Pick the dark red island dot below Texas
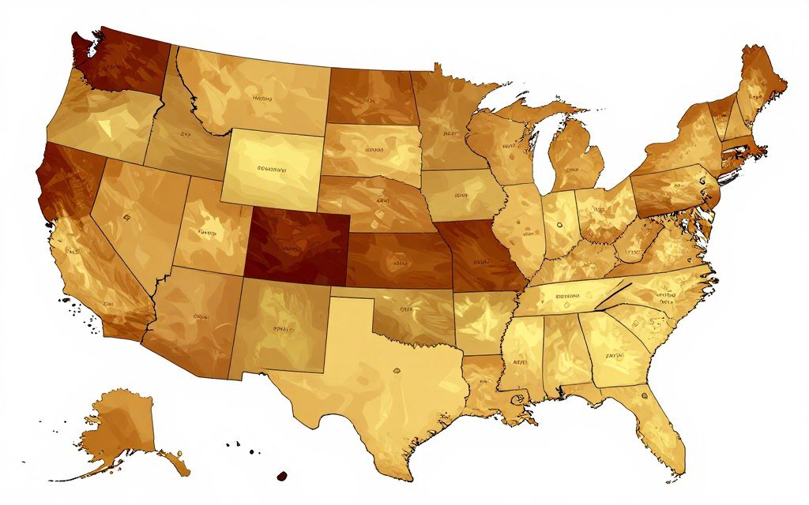(280, 476)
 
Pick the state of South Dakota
(371, 150)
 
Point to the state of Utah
(209, 229)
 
